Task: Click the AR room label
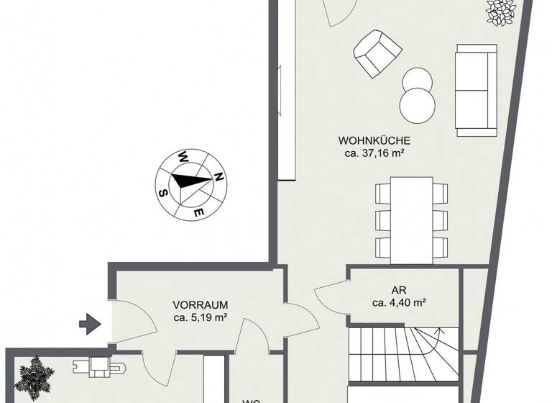[399, 290]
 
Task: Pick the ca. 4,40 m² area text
[399, 303]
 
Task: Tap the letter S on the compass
[164, 192]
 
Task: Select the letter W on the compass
[184, 155]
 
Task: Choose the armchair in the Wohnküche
[375, 52]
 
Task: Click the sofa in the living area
[475, 89]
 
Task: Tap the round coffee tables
[418, 95]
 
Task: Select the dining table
[412, 218]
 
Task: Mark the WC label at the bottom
[250, 399]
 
